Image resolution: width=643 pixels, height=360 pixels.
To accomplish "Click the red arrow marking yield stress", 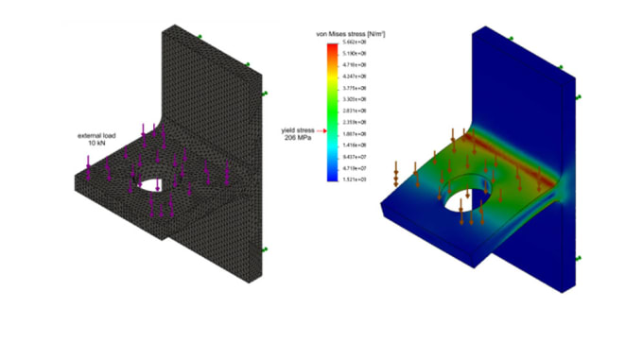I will [x=321, y=131].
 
